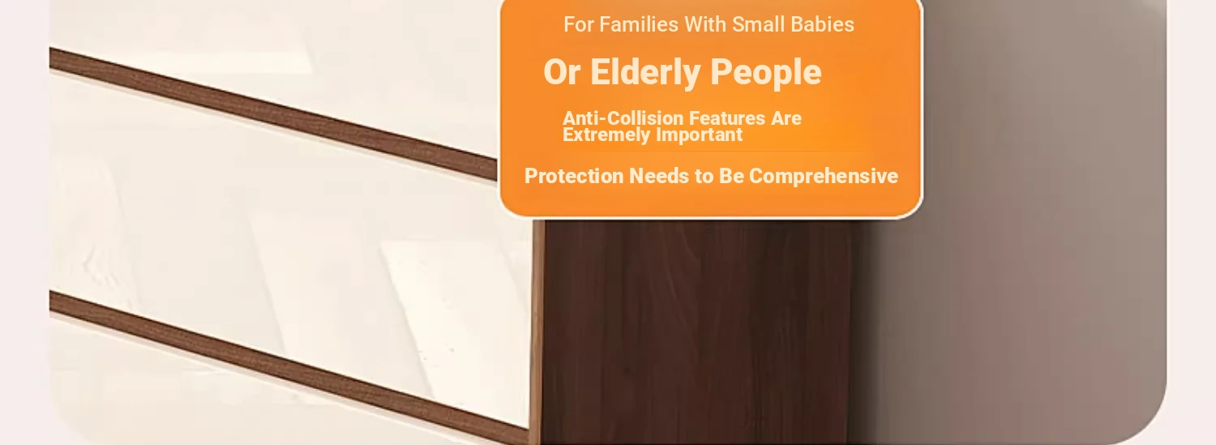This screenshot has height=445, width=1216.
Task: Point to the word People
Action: tap(766, 73)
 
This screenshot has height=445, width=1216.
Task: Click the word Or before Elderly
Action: tap(562, 73)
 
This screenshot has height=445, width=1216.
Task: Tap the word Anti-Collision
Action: tap(623, 118)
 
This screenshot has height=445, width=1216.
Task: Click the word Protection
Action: tap(574, 176)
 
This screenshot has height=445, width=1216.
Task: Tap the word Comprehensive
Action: tap(824, 176)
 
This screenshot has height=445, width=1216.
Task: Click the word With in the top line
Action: tap(705, 24)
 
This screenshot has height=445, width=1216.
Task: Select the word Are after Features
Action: tap(786, 118)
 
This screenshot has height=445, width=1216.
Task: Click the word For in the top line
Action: tap(579, 24)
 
